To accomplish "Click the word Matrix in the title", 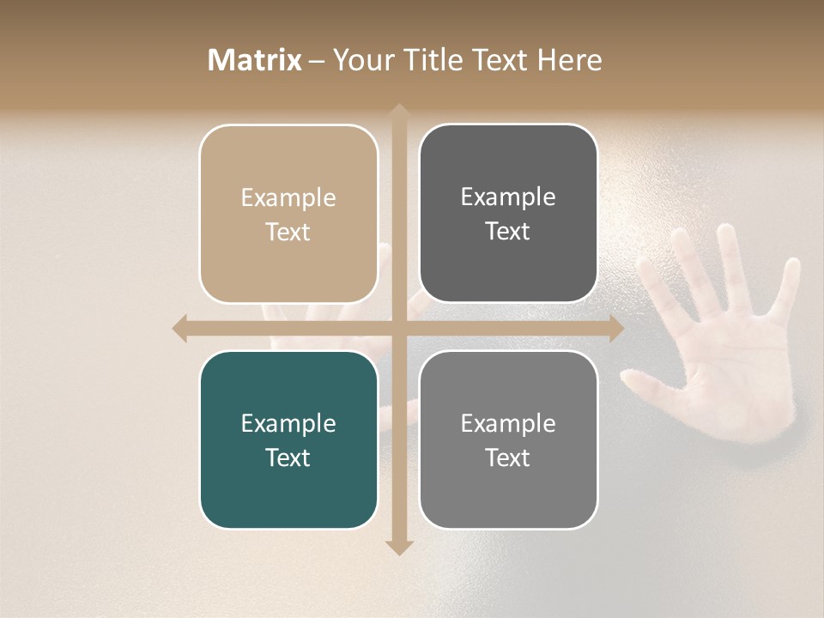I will (x=255, y=60).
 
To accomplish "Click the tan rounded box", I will (x=288, y=214).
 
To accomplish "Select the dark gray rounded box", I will (x=508, y=214).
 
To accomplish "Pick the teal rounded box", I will (x=288, y=440).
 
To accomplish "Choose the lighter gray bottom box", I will (x=508, y=440).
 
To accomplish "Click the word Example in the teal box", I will (x=288, y=423).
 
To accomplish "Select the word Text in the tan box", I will (x=288, y=232).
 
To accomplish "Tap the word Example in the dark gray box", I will (x=508, y=197).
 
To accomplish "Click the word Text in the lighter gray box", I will (x=508, y=457).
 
